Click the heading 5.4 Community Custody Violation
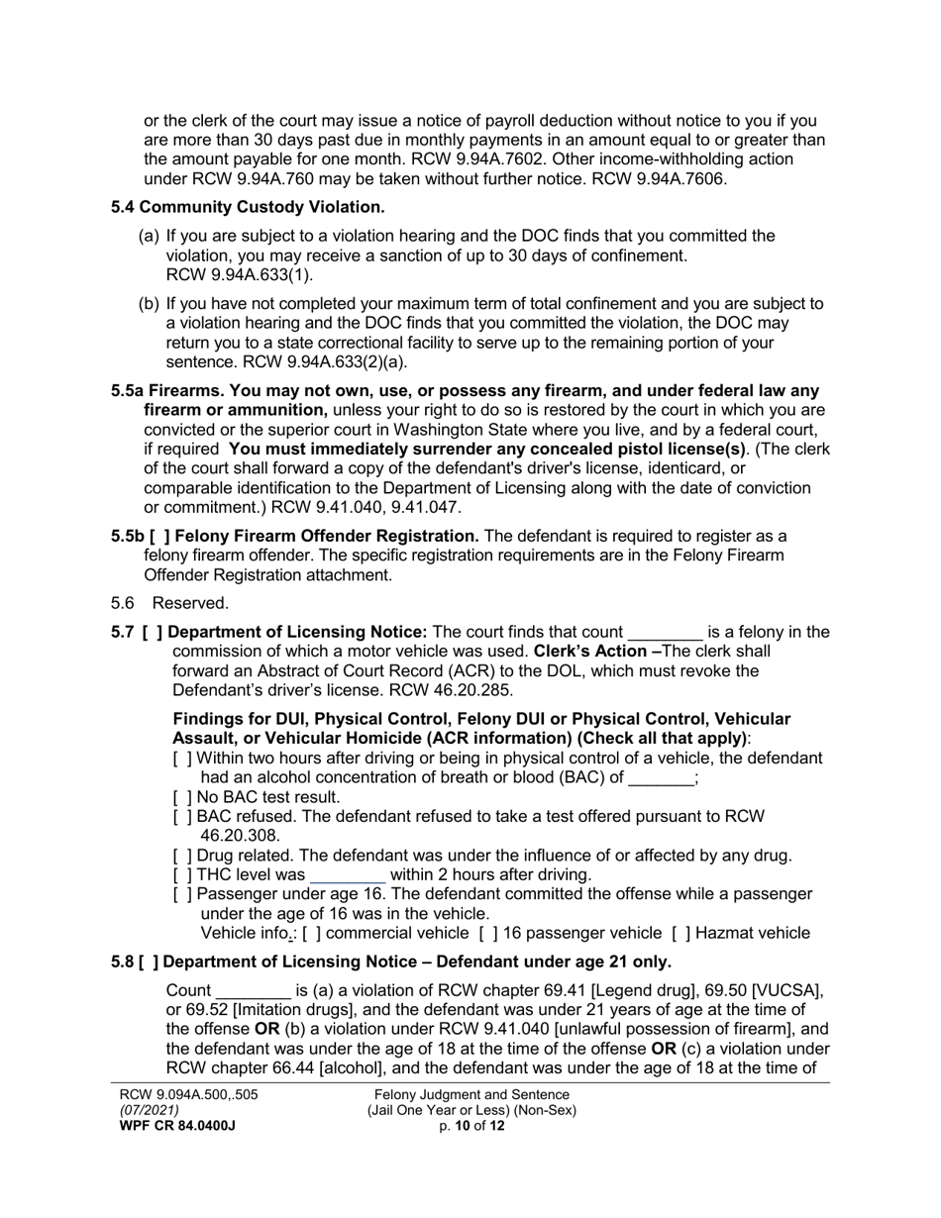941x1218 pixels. pyautogui.click(x=248, y=207)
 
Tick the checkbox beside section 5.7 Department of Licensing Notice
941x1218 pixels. pyautogui.click(x=153, y=632)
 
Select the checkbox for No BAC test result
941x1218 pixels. pyautogui.click(x=182, y=796)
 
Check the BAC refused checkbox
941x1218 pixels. pyautogui.click(x=182, y=816)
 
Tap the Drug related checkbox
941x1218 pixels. pyautogui.click(x=182, y=855)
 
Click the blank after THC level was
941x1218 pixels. pyautogui.click(x=348, y=875)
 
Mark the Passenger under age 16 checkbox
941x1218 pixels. pyautogui.click(x=182, y=893)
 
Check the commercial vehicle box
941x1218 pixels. pyautogui.click(x=312, y=932)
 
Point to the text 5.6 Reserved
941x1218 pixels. pyautogui.click(x=169, y=603)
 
